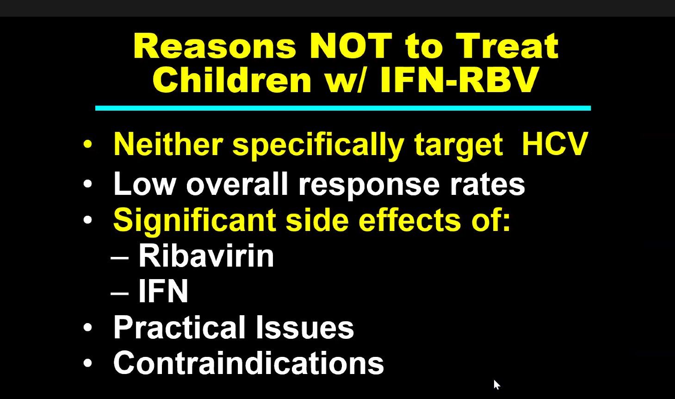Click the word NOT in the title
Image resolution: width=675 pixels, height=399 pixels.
351,46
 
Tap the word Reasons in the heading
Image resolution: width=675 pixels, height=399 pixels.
215,46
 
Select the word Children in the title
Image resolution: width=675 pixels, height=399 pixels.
232,79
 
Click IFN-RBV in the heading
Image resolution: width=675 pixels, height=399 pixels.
459,79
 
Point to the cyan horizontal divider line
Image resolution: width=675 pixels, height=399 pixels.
343,108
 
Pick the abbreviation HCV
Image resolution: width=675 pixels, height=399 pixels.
555,143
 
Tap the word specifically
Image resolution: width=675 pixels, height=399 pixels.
318,146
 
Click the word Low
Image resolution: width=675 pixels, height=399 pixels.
144,183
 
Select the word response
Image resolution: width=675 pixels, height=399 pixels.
369,186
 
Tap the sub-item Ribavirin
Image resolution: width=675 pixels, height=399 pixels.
206,255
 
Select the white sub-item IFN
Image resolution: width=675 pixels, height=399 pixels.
163,290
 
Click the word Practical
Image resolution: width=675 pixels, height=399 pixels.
180,327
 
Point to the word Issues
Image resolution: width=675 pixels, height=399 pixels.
305,327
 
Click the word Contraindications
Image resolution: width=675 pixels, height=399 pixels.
248,362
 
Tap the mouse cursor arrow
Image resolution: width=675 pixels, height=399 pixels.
496,385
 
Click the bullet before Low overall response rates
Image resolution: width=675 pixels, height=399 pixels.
88,184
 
